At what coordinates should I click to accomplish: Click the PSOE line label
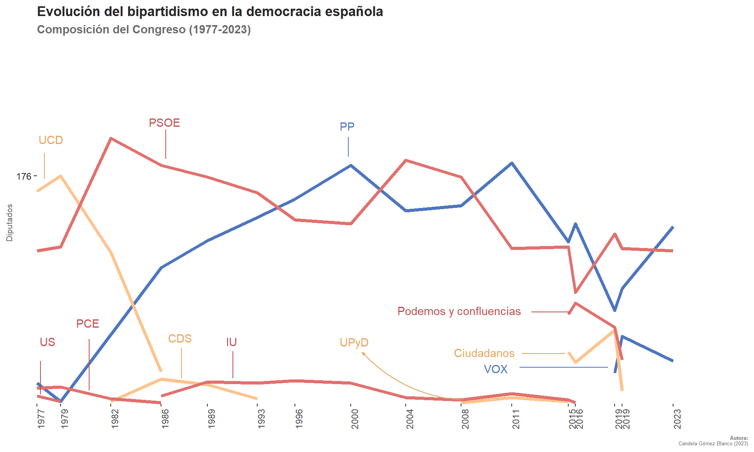(164, 123)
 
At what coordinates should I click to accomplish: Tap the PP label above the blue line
(347, 127)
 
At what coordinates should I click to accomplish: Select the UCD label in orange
(51, 140)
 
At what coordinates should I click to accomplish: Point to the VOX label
(496, 369)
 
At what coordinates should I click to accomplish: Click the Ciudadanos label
(484, 353)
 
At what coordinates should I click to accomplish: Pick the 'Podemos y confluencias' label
(459, 311)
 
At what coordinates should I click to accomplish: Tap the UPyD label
(354, 343)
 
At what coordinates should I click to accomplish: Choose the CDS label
(180, 339)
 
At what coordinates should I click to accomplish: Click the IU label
(231, 342)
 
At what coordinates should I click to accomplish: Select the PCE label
(88, 324)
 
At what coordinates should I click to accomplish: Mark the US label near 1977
(48, 342)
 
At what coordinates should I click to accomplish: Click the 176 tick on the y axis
(24, 177)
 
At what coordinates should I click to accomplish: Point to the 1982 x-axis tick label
(115, 419)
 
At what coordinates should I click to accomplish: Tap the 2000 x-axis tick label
(355, 419)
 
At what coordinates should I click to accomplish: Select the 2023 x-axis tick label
(677, 419)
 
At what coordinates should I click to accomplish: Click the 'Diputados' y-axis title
(10, 222)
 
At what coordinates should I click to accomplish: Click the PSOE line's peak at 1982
(112, 139)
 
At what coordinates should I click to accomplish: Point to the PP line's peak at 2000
(351, 165)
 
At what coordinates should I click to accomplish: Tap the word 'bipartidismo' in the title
(168, 12)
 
